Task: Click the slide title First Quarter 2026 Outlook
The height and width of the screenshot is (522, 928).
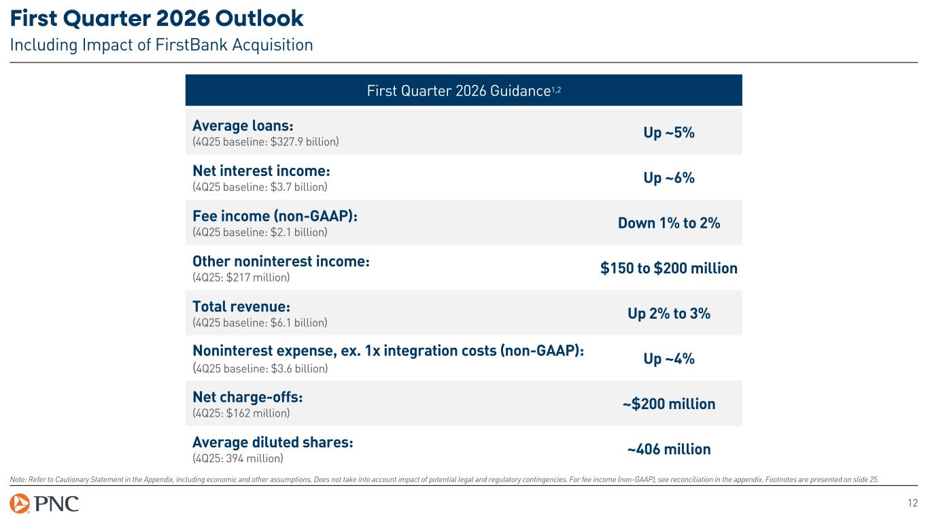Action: tap(157, 18)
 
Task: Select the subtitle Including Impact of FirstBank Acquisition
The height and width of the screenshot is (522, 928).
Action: tap(161, 46)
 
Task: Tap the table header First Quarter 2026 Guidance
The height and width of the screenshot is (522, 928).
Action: tap(463, 90)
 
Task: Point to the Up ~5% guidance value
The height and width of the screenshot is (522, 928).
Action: tap(668, 133)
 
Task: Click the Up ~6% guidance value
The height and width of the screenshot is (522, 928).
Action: tap(668, 178)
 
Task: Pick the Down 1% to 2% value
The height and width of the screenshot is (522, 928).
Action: tap(668, 223)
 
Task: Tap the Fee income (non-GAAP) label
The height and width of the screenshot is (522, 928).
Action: tap(275, 215)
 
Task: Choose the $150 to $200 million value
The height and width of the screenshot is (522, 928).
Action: tap(668, 268)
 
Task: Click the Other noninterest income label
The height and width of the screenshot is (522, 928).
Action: tap(281, 261)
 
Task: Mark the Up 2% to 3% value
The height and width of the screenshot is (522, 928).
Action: tap(668, 313)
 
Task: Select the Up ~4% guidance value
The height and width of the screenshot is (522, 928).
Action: tap(668, 359)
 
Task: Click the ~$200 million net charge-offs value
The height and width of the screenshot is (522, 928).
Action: tap(668, 404)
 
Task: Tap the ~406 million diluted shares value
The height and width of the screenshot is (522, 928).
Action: tap(668, 449)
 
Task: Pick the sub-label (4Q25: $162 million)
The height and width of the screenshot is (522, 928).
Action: tap(241, 413)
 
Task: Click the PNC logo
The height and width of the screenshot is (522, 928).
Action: tap(45, 504)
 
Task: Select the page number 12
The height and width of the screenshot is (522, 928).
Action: tap(912, 504)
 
